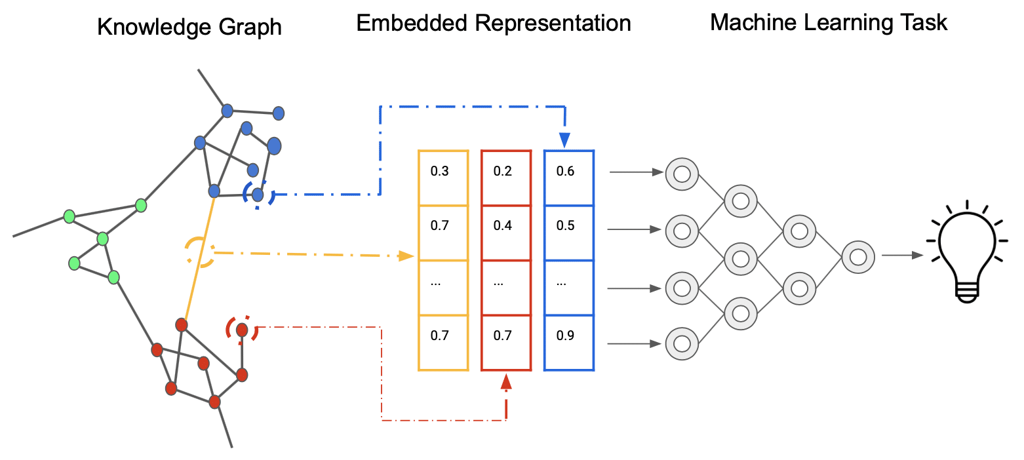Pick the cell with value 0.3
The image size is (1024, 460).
[443, 178]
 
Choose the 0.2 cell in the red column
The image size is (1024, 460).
[506, 178]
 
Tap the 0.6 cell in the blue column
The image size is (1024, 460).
[569, 178]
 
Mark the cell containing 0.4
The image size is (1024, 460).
[506, 233]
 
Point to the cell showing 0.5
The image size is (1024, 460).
[569, 233]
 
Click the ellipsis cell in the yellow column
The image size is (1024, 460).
[443, 288]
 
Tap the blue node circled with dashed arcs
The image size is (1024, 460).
[258, 195]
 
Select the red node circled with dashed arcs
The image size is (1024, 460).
[242, 330]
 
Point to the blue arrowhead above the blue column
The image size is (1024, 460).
[565, 140]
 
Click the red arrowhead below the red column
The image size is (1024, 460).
[506, 381]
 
